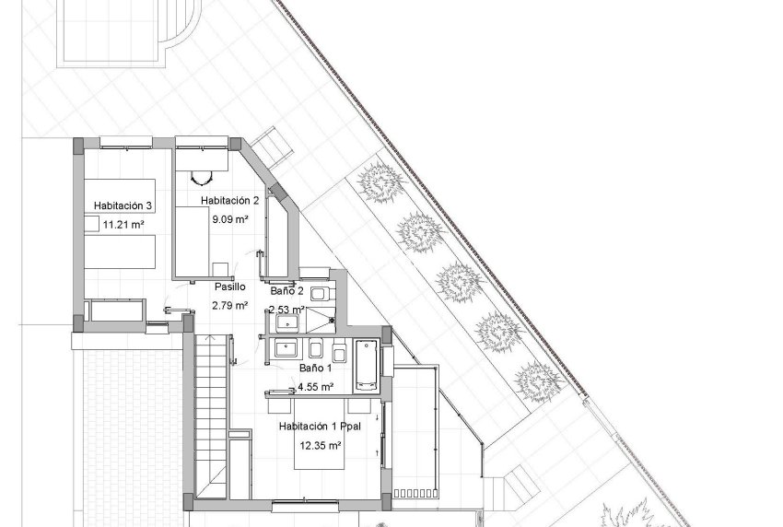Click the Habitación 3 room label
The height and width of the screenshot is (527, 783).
(123, 205)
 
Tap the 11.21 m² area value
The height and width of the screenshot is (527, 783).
(123, 224)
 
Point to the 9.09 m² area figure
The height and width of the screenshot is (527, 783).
(230, 219)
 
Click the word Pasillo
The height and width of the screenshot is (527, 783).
(229, 287)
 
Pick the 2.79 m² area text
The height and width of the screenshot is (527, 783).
(229, 305)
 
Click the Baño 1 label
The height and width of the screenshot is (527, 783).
(317, 368)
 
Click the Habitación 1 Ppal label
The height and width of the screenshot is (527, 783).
(321, 427)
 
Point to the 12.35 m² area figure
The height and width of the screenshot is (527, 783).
(321, 446)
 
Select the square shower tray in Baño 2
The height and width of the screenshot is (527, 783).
(322, 321)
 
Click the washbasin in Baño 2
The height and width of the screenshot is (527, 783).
(286, 322)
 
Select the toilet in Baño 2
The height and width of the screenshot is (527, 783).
(320, 293)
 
